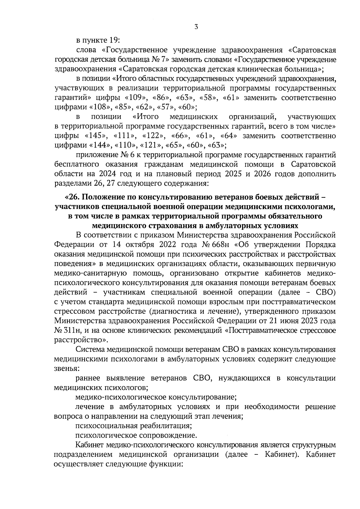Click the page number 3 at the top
coord(196,27)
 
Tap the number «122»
coord(153,136)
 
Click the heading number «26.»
coord(72,197)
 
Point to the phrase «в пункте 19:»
coord(98,40)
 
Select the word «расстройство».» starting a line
coord(81,340)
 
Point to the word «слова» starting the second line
coord(85,50)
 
